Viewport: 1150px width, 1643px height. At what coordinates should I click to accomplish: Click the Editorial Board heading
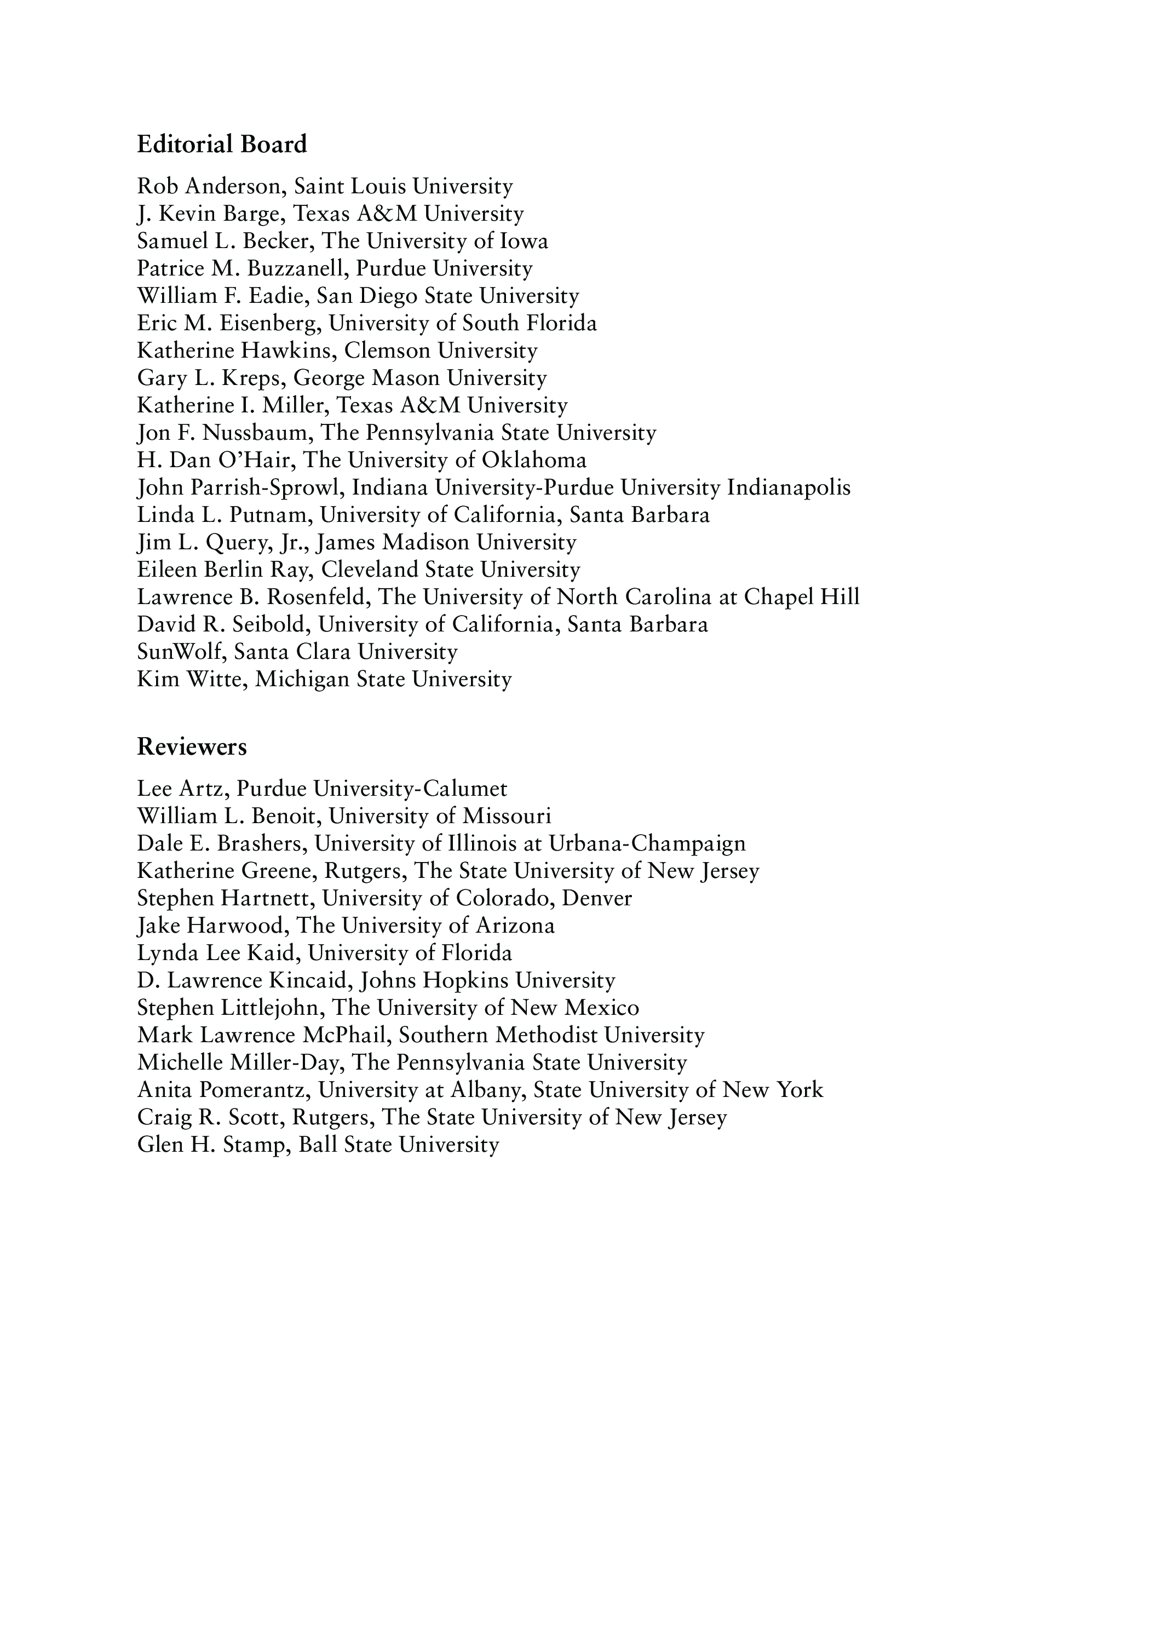(x=222, y=145)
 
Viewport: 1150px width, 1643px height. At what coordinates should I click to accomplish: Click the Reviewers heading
(x=192, y=747)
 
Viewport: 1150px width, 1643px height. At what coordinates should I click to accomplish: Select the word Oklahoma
(x=534, y=460)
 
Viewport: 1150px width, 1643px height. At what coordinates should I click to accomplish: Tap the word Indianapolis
(x=789, y=488)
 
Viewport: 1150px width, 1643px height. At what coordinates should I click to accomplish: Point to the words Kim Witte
(x=191, y=679)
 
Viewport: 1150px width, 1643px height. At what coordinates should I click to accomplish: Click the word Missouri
(x=507, y=817)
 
